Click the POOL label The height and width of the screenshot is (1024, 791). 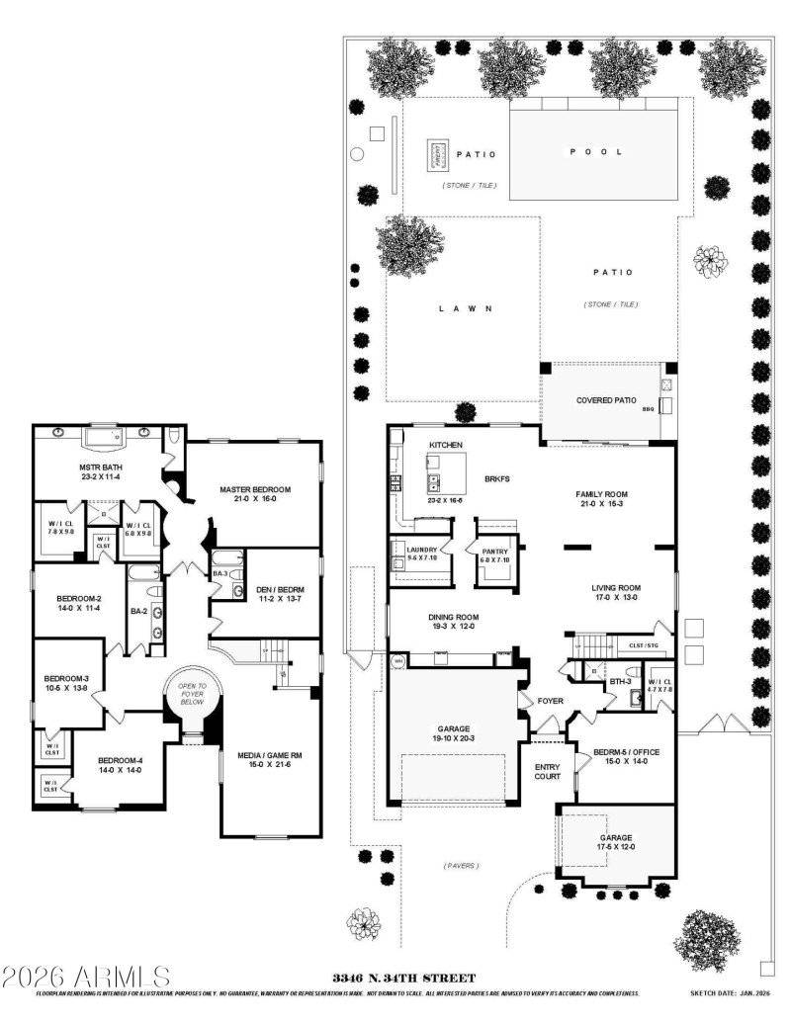593,152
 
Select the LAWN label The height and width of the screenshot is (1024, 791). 465,309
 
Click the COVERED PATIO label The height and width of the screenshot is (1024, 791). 604,400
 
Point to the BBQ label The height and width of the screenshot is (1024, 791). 649,408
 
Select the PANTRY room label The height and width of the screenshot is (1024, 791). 494,553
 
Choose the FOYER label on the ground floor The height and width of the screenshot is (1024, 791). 550,704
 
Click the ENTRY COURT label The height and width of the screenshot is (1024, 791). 548,773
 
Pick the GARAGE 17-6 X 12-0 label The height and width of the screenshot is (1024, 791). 615,843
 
